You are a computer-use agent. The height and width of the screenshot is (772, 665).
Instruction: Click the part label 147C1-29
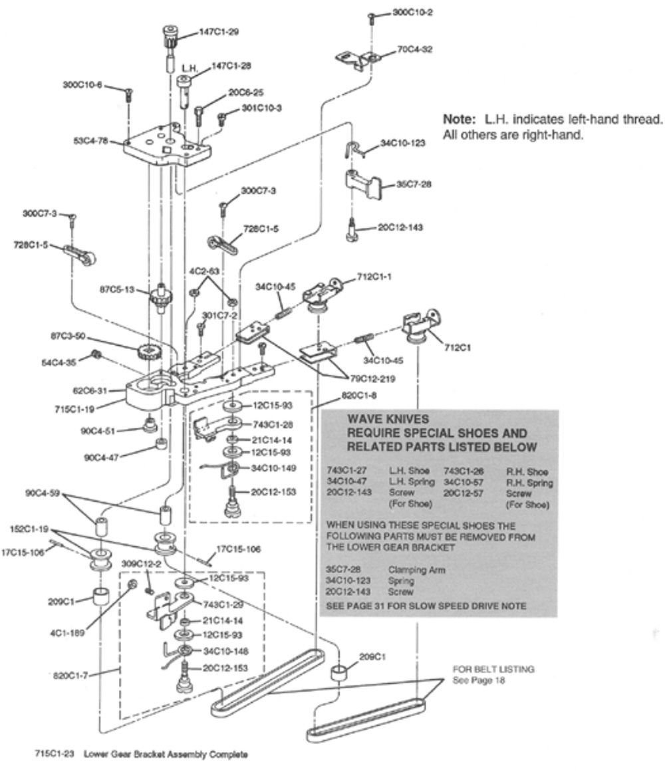pos(219,32)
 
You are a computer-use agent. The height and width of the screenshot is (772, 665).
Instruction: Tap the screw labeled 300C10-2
pos(372,18)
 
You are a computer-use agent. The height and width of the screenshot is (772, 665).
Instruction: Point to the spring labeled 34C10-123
pos(355,149)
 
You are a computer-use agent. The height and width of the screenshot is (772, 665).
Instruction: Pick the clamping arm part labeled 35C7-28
pos(362,184)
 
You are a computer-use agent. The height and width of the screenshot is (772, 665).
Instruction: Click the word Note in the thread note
pos(457,119)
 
